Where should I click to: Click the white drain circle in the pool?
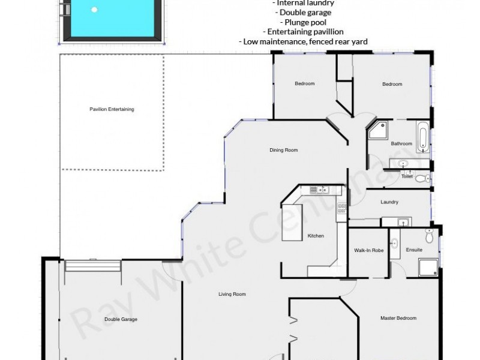pos(94,10)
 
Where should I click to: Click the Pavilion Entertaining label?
pos(112,109)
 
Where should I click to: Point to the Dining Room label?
pos(283,150)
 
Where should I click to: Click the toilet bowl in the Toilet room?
pos(421,178)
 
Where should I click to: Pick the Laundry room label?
pos(389,202)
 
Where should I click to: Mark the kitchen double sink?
pos(317,190)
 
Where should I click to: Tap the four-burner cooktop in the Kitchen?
pos(343,209)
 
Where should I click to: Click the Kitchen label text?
pos(316,236)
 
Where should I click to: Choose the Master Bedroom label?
pos(398,318)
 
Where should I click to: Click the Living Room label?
pos(232,295)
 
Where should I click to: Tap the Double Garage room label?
pos(121,319)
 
